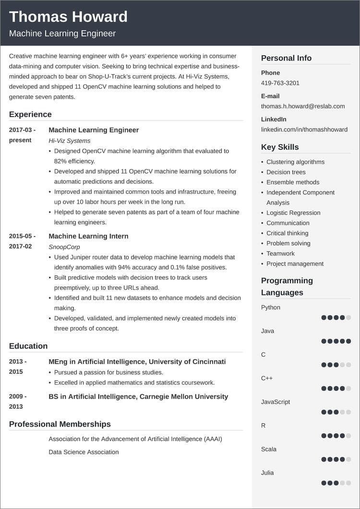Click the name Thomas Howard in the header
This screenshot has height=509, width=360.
pyautogui.click(x=68, y=17)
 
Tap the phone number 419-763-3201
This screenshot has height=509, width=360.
pyautogui.click(x=280, y=83)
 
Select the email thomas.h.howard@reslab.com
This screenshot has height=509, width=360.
pyautogui.click(x=303, y=106)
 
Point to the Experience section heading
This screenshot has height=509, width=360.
pyautogui.click(x=30, y=114)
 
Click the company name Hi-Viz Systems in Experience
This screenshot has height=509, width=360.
pyautogui.click(x=70, y=141)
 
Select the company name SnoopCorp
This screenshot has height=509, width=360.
pyautogui.click(x=64, y=247)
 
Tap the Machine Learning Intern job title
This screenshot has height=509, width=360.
pyautogui.click(x=88, y=236)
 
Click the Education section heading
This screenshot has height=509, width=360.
pyautogui.click(x=28, y=346)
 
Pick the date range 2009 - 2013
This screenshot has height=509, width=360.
pyautogui.click(x=18, y=402)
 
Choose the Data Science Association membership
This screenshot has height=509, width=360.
pyautogui.click(x=84, y=452)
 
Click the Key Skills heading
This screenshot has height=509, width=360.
pyautogui.click(x=280, y=147)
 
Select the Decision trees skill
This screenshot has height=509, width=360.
pyautogui.click(x=286, y=172)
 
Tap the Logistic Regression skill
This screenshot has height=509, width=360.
pyautogui.click(x=293, y=213)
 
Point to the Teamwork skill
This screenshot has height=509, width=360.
pyautogui.click(x=280, y=254)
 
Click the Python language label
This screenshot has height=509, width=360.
pyautogui.click(x=271, y=308)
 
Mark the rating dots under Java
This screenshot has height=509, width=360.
pyautogui.click(x=336, y=341)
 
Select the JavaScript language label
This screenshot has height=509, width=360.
pyautogui.click(x=276, y=402)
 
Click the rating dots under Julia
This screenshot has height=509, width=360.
pyautogui.click(x=336, y=483)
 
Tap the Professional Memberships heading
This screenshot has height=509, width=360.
pyautogui.click(x=60, y=424)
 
